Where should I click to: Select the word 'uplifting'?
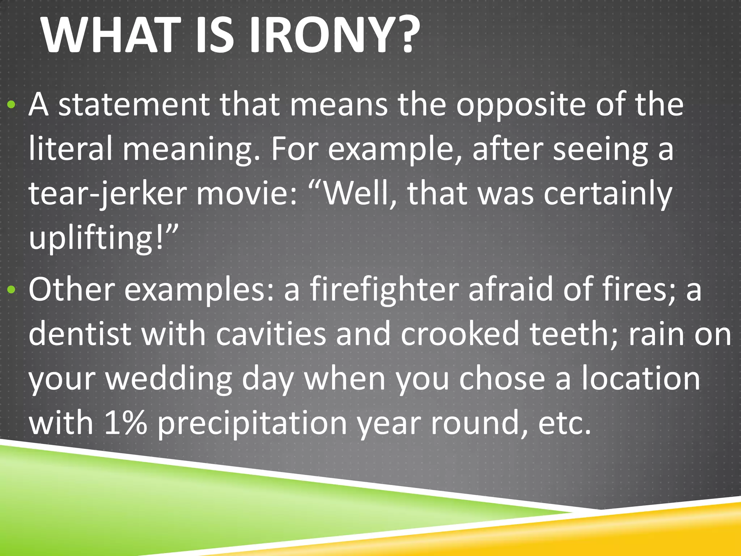click(x=91, y=239)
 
